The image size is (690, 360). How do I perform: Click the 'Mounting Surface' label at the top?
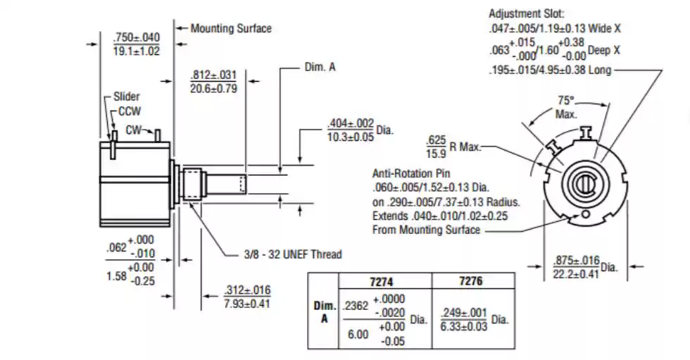[x=231, y=29]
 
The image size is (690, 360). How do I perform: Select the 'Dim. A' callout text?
[x=320, y=68]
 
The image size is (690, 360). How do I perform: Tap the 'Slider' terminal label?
[x=126, y=97]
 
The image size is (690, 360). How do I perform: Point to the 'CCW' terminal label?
[x=130, y=111]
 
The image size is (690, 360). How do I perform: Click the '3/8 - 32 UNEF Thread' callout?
[x=293, y=254]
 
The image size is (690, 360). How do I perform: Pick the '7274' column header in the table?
[x=381, y=282]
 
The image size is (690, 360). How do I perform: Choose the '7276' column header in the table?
[x=470, y=281]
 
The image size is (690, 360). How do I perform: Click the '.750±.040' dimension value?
[x=137, y=37]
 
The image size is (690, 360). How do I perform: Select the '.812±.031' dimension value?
[x=213, y=75]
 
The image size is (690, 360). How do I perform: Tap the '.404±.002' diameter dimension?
[x=351, y=123]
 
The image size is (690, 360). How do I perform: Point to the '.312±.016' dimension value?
[x=247, y=290]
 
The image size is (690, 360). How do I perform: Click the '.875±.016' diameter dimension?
[x=577, y=261]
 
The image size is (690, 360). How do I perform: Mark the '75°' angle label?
[x=566, y=101]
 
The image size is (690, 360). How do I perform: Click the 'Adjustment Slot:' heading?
[x=527, y=13]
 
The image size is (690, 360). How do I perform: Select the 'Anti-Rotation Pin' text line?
[x=411, y=173]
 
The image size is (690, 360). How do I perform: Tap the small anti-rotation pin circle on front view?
[x=585, y=214]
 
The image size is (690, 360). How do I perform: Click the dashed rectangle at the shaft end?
[x=243, y=184]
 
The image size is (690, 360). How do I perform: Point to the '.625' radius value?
[x=436, y=140]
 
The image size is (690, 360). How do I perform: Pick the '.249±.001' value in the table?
[x=464, y=313]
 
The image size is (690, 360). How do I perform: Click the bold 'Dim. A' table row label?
[x=325, y=312]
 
